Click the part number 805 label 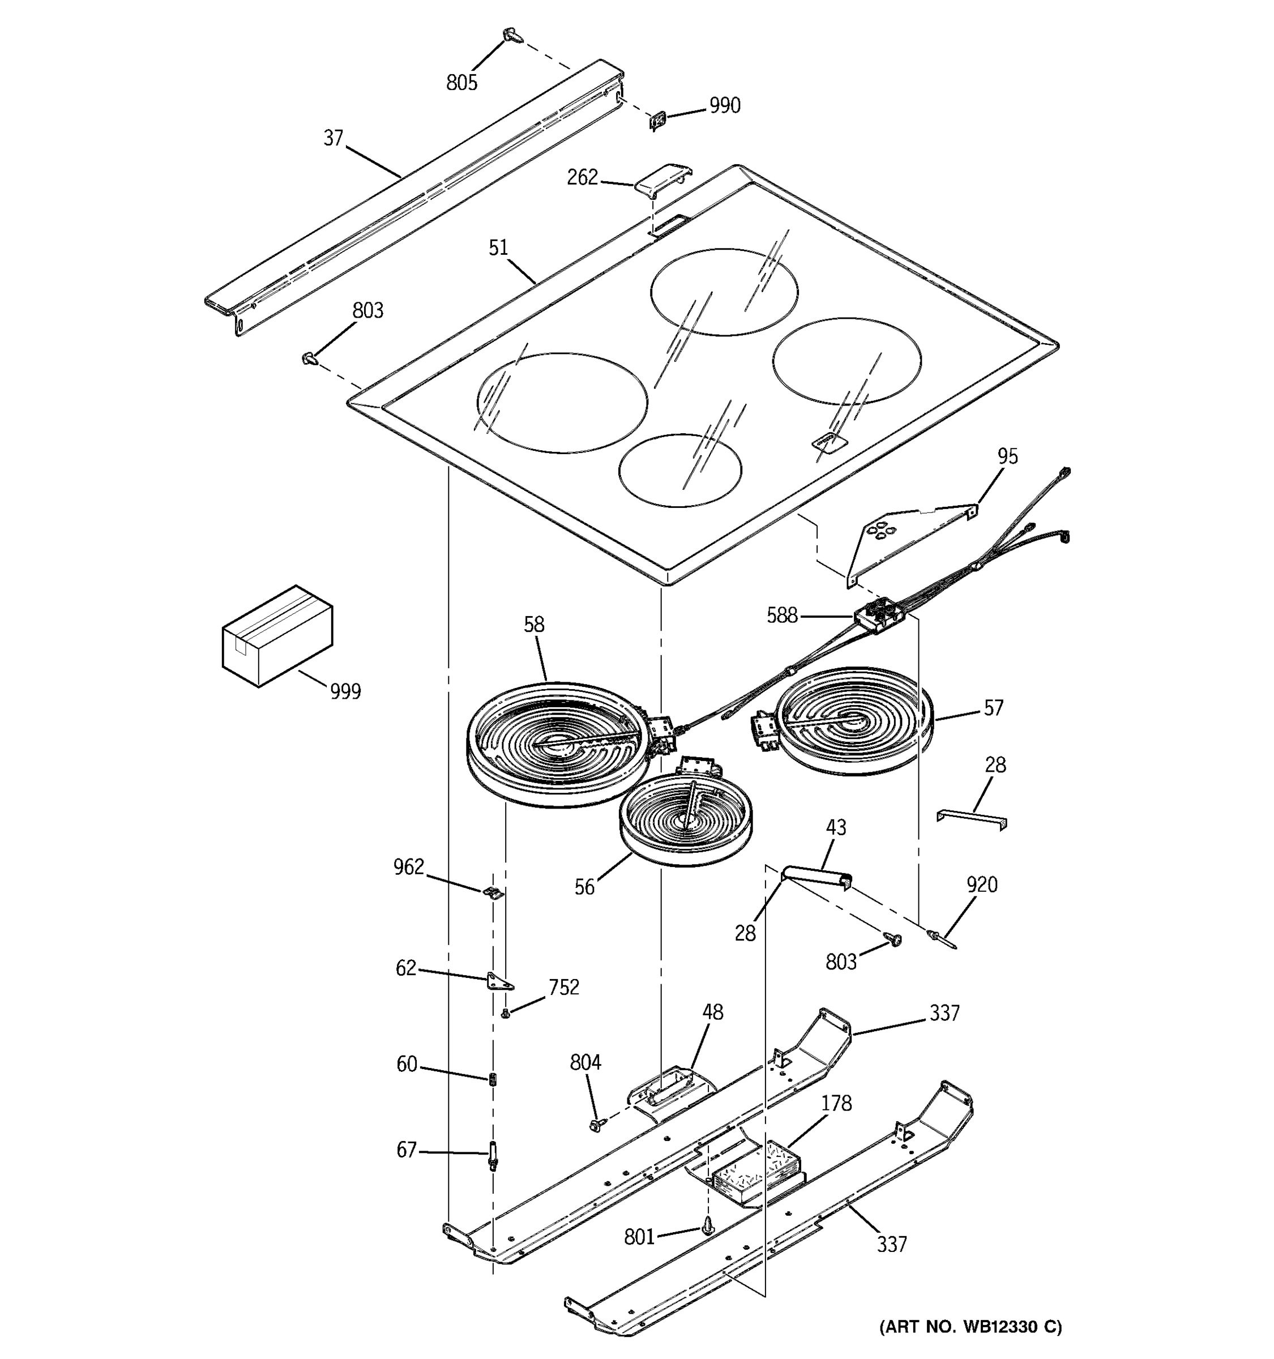coord(461,83)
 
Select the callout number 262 coord(582,178)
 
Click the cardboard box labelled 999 coord(277,636)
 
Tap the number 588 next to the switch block coord(781,616)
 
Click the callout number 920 coord(981,884)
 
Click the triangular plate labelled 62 coord(499,982)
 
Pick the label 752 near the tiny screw coord(563,987)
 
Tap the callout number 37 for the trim coord(333,138)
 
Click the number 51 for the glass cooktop coord(498,247)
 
